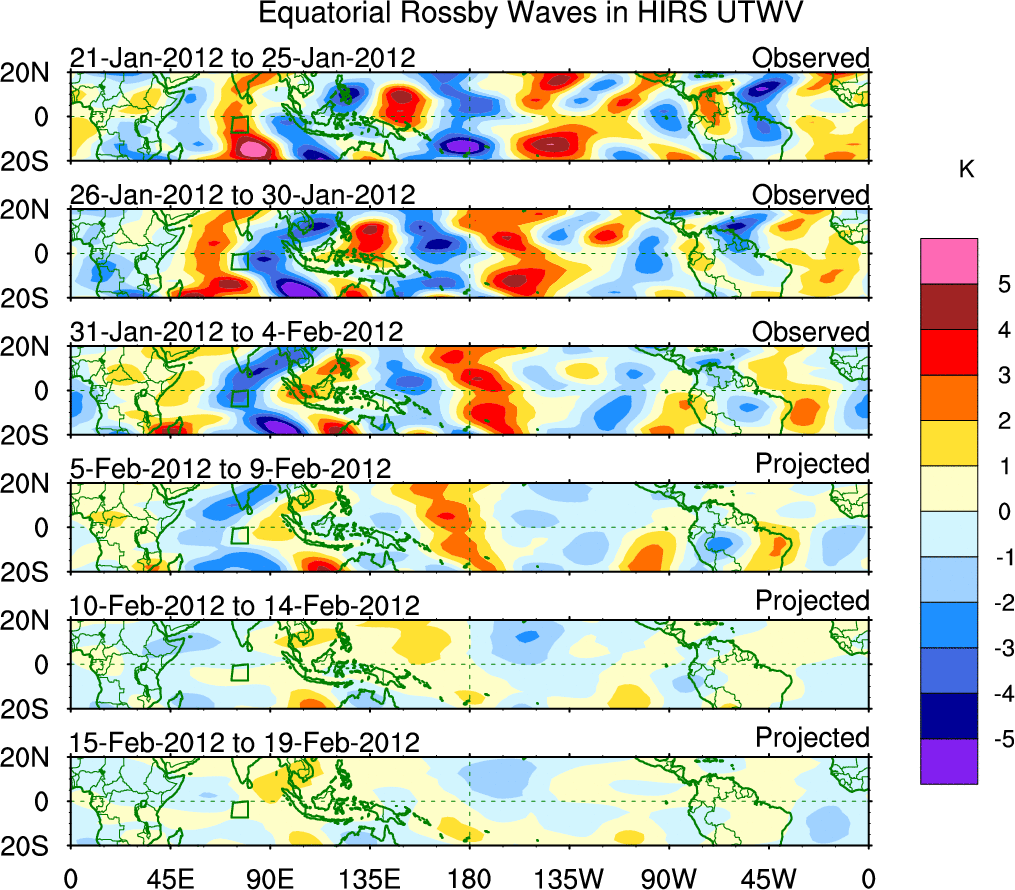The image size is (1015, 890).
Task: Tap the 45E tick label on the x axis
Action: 168,878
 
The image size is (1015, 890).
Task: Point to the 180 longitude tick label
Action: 469,878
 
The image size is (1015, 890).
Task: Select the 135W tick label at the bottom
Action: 569,878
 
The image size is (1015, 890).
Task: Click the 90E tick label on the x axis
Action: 268,878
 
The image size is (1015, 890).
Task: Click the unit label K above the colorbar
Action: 966,171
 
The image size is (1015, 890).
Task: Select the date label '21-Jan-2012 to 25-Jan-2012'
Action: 243,58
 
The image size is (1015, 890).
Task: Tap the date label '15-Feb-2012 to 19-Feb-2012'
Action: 245,742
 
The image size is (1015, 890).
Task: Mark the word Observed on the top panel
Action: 811,58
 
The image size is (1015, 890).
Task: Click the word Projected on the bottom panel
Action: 812,738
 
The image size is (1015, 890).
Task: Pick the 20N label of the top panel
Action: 33,73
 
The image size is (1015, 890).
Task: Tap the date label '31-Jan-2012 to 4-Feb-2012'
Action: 237,331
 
